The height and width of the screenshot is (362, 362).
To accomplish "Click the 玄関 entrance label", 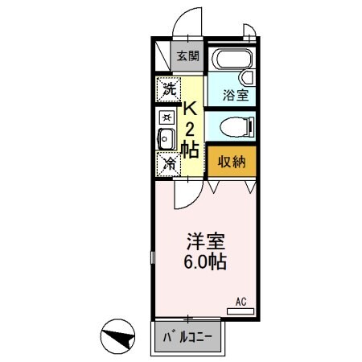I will pyautogui.click(x=187, y=56).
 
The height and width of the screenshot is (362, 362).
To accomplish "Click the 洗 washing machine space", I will pyautogui.click(x=168, y=89).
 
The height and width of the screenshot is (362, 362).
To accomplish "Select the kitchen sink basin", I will pyautogui.click(x=167, y=138).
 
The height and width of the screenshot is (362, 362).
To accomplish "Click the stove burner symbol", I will pyautogui.click(x=167, y=117).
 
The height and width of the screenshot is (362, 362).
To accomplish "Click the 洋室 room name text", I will pyautogui.click(x=205, y=241).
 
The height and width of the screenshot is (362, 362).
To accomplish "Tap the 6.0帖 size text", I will pyautogui.click(x=205, y=261).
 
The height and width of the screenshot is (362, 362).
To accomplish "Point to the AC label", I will pyautogui.click(x=241, y=302).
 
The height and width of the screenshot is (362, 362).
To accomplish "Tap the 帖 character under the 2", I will pyautogui.click(x=190, y=149).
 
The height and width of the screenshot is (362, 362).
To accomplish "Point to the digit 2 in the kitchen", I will pyautogui.click(x=191, y=130).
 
